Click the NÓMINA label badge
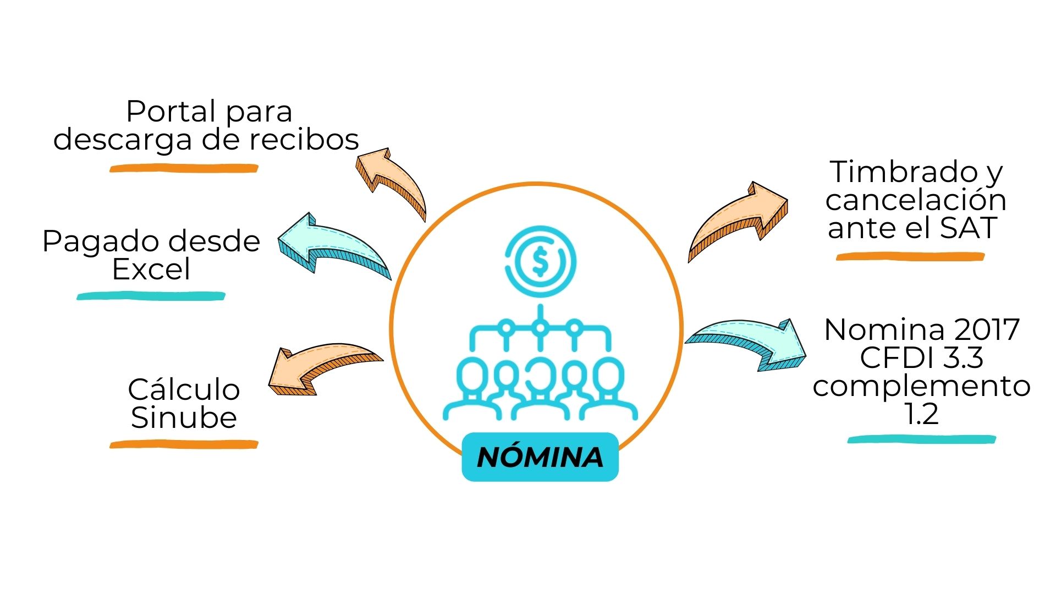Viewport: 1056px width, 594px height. pyautogui.click(x=540, y=457)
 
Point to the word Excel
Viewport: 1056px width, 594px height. pyautogui.click(x=151, y=269)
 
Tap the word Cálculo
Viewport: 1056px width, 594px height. pyautogui.click(x=184, y=389)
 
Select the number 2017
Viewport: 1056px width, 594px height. pyautogui.click(x=987, y=329)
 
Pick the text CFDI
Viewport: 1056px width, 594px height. pyautogui.click(x=898, y=358)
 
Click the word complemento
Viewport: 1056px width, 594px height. pyautogui.click(x=921, y=386)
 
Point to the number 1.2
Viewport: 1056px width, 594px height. pyautogui.click(x=921, y=414)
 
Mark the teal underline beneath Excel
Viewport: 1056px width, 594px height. pyautogui.click(x=151, y=296)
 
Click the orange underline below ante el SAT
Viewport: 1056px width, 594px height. pyautogui.click(x=910, y=256)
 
